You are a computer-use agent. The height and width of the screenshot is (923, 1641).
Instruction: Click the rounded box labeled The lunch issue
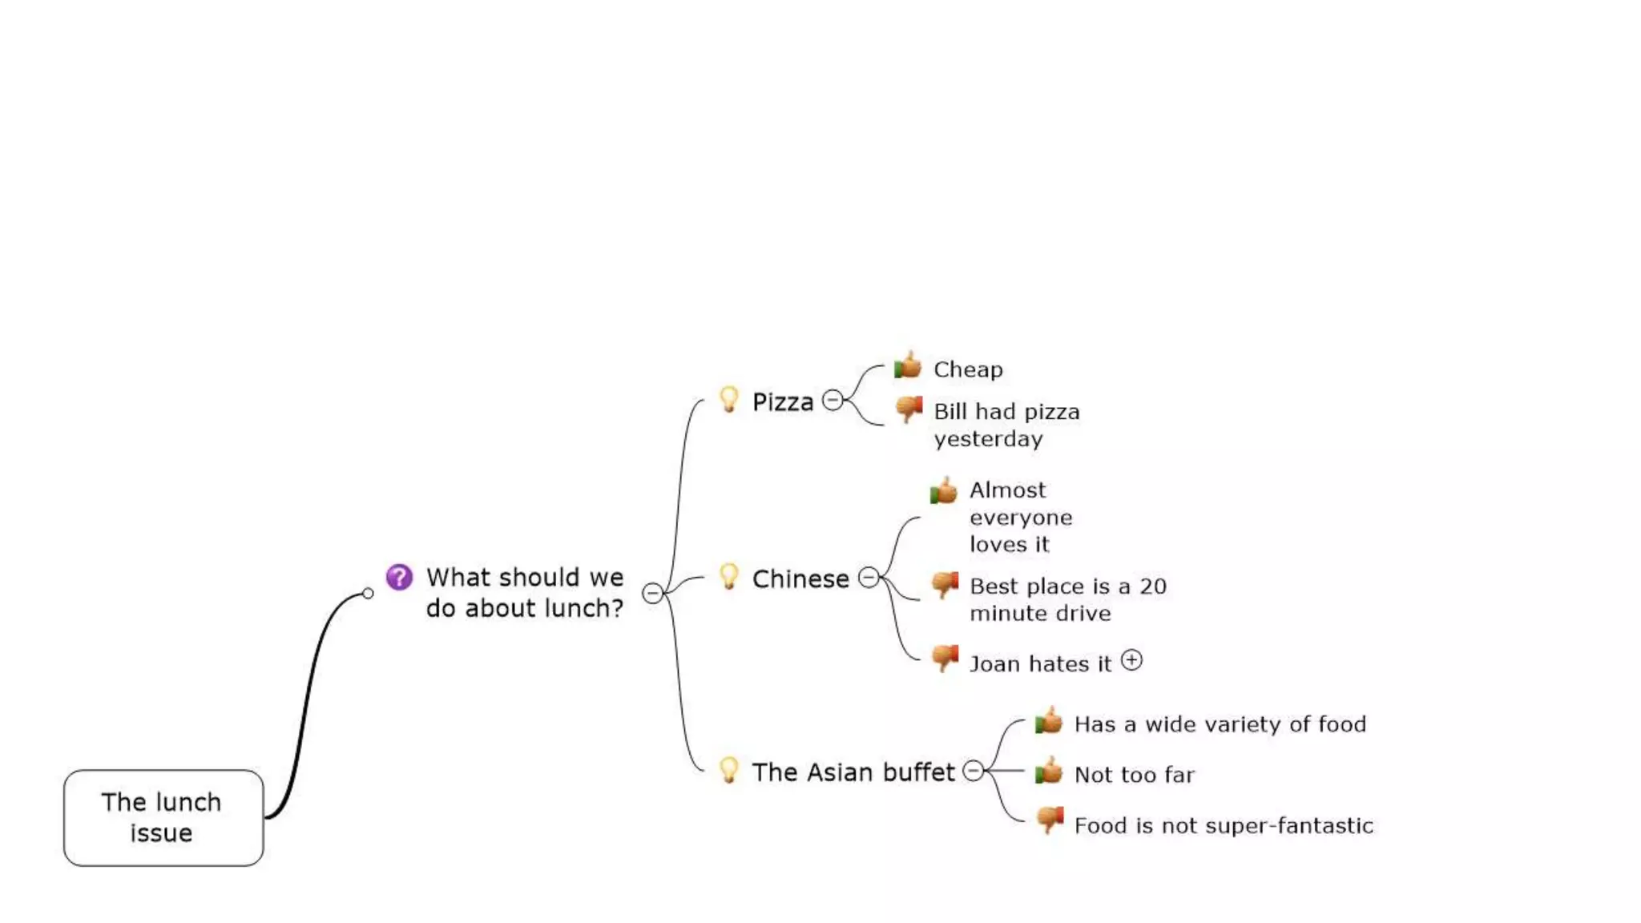point(163,817)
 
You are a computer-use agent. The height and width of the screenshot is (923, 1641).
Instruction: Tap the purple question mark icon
point(399,577)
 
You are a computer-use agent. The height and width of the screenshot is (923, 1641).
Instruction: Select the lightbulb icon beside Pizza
point(728,399)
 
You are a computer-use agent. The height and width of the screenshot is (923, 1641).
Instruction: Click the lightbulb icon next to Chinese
point(728,576)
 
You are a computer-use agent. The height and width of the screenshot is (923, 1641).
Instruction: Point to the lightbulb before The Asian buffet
point(728,770)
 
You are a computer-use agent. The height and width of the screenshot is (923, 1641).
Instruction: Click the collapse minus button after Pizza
point(833,400)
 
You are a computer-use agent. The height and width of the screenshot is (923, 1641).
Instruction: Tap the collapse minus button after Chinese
point(869,577)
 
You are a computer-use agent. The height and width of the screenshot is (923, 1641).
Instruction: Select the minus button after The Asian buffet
point(973,771)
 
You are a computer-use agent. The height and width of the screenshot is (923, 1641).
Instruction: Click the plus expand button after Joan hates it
point(1131,660)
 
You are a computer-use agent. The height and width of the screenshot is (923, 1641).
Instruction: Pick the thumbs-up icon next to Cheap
point(908,366)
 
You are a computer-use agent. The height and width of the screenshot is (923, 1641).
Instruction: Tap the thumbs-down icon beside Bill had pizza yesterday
point(909,409)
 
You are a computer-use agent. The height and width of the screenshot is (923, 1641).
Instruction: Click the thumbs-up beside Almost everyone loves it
point(944,490)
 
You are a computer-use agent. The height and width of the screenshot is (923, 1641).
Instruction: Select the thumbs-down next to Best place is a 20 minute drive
point(945,584)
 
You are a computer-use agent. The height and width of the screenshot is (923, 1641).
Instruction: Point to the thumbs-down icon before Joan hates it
point(945,659)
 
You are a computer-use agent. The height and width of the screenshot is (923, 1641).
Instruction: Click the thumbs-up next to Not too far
point(1049,772)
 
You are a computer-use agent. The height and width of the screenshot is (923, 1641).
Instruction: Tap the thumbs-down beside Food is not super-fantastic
point(1049,820)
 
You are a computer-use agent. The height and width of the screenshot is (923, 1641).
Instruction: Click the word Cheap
point(968,369)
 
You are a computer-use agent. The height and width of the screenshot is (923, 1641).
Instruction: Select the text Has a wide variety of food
point(1220,724)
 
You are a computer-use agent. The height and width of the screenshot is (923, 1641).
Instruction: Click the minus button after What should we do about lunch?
point(653,593)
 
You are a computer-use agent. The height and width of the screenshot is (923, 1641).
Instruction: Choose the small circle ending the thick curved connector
point(368,594)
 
